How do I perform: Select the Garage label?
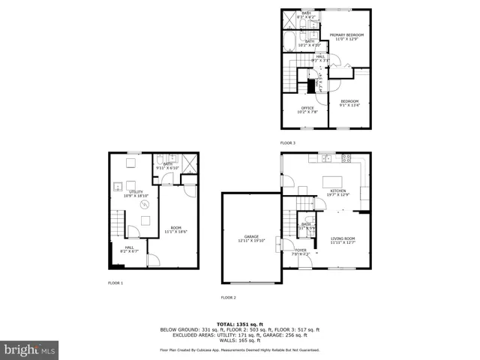[x=250, y=238]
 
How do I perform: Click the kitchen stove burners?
[x=346, y=157]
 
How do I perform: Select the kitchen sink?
[x=326, y=157]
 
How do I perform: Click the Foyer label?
[x=300, y=252]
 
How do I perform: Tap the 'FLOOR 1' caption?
[x=115, y=283]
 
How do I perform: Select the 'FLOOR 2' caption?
[x=228, y=298]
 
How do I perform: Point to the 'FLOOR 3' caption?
[x=288, y=142]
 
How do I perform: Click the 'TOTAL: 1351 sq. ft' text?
[x=239, y=322]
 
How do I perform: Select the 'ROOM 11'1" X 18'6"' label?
[x=176, y=229]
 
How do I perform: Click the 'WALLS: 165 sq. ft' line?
[x=239, y=340]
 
